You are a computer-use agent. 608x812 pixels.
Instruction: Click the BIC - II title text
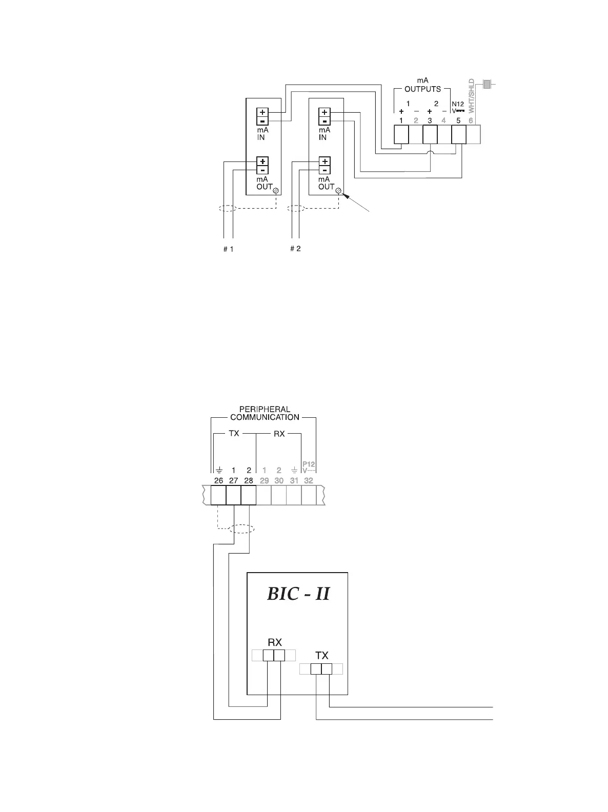pyautogui.click(x=298, y=594)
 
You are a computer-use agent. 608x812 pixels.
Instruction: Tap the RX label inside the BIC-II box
pyautogui.click(x=275, y=642)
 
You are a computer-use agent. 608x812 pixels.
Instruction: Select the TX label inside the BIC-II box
pyautogui.click(x=322, y=655)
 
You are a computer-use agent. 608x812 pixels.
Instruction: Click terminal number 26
pyautogui.click(x=218, y=480)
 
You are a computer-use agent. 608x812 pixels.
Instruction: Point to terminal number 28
pyautogui.click(x=249, y=480)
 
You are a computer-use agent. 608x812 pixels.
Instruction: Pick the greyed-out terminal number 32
pyautogui.click(x=309, y=480)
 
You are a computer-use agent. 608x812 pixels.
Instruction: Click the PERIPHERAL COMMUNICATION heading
pyautogui.click(x=265, y=413)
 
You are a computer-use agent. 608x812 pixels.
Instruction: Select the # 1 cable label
pyautogui.click(x=229, y=249)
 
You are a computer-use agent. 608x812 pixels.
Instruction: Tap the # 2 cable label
pyautogui.click(x=295, y=249)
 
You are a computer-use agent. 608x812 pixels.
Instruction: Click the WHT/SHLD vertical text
pyautogui.click(x=472, y=96)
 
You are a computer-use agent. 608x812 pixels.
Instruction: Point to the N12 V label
pyautogui.click(x=458, y=107)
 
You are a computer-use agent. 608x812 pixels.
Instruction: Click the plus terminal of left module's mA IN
pyautogui.click(x=262, y=112)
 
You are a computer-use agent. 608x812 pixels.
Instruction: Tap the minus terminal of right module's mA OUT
pyautogui.click(x=324, y=170)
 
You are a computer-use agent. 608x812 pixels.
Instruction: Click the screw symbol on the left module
pyautogui.click(x=276, y=190)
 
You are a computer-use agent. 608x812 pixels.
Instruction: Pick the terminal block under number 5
pyautogui.click(x=458, y=135)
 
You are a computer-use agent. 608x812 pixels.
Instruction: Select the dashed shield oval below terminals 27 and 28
pyautogui.click(x=241, y=529)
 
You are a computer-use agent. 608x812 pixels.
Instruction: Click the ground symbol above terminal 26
pyautogui.click(x=218, y=470)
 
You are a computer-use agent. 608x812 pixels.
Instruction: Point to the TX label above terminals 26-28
pyautogui.click(x=234, y=433)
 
